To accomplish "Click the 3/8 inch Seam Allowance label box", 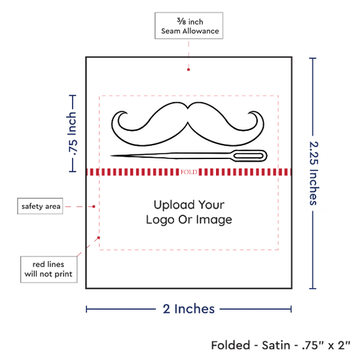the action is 189,26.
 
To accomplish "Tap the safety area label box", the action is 40,206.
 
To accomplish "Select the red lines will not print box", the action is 48,269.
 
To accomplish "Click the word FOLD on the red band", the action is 189,172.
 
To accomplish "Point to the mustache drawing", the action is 188,124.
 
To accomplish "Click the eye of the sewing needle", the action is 249,156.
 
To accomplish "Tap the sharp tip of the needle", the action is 111,156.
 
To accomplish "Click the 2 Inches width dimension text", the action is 189,309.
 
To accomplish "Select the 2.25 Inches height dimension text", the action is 314,173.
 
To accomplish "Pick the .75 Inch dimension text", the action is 73,134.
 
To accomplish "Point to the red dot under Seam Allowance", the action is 189,69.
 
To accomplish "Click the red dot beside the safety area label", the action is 94,207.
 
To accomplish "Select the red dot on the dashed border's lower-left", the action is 99,238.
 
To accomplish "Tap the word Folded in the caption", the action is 230,346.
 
